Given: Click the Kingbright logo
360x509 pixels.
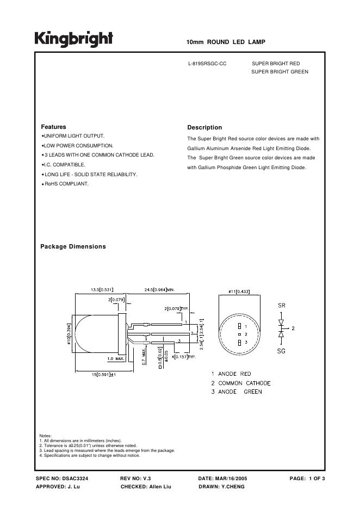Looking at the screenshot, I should point(74,39).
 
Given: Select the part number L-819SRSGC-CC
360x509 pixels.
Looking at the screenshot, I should point(207,64).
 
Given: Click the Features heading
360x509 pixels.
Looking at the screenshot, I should point(53,127).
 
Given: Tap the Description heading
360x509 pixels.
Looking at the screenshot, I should point(204,127).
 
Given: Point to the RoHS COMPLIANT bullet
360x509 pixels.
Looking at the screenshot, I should point(66,184).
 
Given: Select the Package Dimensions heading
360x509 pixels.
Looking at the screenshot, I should point(73,246).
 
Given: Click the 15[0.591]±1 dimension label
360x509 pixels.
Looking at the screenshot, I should point(104,374).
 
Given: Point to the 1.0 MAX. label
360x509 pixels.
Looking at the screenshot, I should point(116,358).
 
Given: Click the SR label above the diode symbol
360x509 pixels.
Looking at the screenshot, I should point(281,306).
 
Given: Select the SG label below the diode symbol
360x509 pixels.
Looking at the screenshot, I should point(281,351).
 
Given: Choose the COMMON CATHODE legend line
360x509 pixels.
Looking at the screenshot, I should point(241,383).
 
